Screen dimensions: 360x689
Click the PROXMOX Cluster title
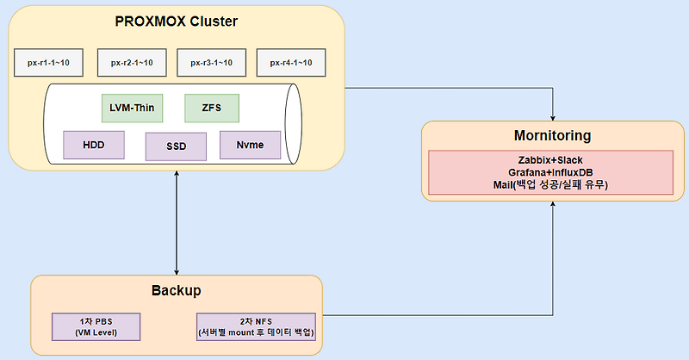[176, 21]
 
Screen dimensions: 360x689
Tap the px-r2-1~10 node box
[132, 63]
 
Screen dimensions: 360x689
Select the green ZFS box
[211, 108]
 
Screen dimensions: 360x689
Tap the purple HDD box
[94, 144]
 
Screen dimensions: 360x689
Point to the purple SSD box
[177, 146]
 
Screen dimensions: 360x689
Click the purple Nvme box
[251, 144]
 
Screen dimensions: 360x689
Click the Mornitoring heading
[551, 135]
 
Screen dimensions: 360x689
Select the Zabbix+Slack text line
[551, 160]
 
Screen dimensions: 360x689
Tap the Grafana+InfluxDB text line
[551, 172]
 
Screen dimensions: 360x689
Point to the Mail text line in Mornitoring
[551, 184]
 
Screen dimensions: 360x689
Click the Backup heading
[177, 290]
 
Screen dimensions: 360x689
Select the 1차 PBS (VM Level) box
[96, 326]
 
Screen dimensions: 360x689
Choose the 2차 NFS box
[258, 326]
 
